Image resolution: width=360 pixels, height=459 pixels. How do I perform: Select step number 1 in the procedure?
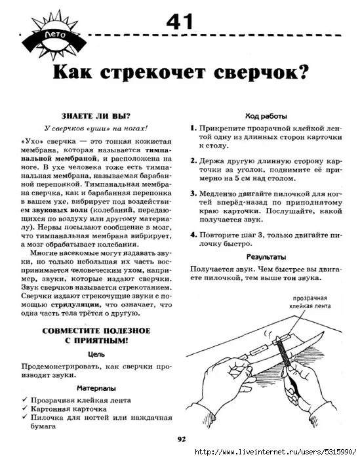pos(193,130)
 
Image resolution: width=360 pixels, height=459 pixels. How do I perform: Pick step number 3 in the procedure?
pos(193,194)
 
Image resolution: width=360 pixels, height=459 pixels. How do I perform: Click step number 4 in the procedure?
pos(193,234)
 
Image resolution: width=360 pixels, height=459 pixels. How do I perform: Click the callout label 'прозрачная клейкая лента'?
pos(308,301)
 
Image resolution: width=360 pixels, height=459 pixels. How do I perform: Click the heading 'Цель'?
pos(96,352)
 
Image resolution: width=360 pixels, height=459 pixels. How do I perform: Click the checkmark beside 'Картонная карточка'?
pos(24,409)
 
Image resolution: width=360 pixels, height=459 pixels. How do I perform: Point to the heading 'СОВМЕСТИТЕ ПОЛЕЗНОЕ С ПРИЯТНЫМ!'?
pos(96,334)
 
